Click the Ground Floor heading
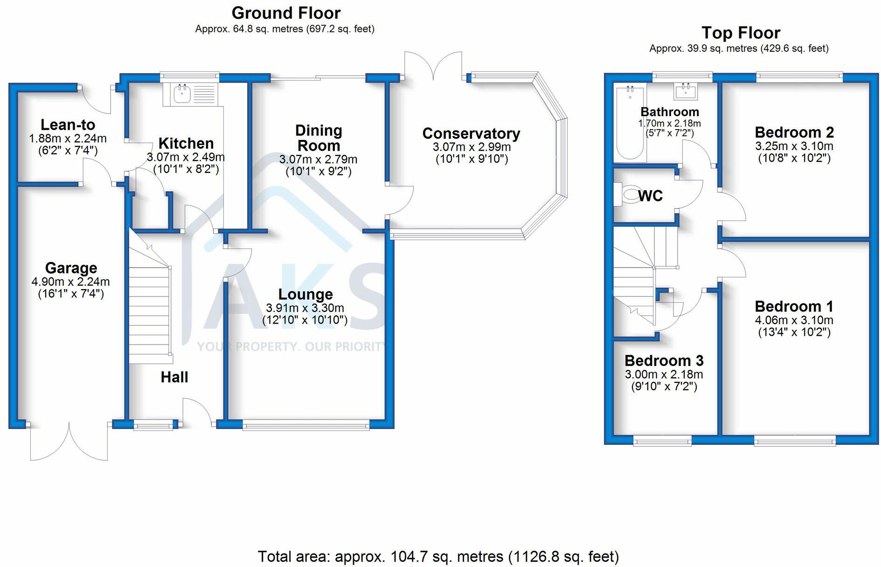click(286, 13)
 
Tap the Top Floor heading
click(741, 33)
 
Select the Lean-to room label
click(68, 124)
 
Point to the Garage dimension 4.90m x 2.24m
click(71, 282)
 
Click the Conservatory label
click(471, 133)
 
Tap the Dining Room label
click(319, 138)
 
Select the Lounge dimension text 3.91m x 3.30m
click(305, 308)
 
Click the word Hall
click(174, 377)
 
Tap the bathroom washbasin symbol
click(686, 91)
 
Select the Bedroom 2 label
click(794, 132)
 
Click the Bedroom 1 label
click(794, 306)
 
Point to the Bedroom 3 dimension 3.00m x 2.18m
click(664, 374)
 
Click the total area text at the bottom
click(438, 556)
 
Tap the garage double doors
click(69, 441)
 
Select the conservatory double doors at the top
click(434, 65)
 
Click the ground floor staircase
click(150, 298)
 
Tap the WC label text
click(650, 196)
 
